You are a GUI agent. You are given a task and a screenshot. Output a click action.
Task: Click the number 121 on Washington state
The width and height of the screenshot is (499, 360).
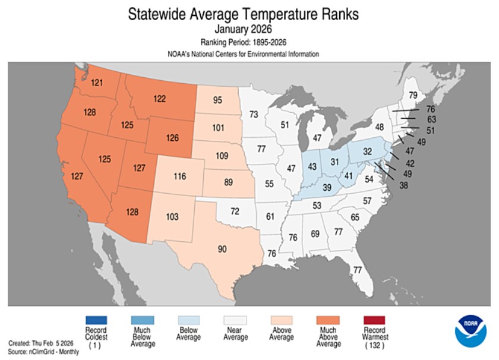click(97, 83)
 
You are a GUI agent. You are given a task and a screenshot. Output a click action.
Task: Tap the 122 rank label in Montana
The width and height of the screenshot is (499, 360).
click(159, 99)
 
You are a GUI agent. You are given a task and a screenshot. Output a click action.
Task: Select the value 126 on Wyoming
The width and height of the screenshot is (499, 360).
click(172, 138)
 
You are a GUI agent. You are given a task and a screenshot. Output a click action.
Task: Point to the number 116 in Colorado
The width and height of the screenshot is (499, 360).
click(180, 176)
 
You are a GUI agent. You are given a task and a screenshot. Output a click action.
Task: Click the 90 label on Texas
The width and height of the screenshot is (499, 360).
click(222, 249)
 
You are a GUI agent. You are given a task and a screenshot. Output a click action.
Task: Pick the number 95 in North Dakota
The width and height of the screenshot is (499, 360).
click(217, 100)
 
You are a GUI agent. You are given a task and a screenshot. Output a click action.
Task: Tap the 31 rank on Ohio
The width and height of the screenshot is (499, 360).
click(334, 162)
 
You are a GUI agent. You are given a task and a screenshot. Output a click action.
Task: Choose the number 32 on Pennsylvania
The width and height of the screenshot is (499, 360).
click(368, 151)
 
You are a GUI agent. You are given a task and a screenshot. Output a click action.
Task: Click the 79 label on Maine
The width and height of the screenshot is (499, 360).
click(413, 95)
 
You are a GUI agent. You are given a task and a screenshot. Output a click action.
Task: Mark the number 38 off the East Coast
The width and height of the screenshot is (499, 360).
click(403, 185)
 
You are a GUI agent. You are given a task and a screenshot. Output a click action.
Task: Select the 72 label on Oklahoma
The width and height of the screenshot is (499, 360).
click(235, 211)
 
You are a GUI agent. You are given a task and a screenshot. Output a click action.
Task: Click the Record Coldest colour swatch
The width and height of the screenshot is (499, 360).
click(96, 320)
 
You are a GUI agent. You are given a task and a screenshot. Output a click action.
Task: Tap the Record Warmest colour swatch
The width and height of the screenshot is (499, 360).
click(374, 320)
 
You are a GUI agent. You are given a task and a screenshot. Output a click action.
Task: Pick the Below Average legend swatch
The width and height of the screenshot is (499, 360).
click(189, 320)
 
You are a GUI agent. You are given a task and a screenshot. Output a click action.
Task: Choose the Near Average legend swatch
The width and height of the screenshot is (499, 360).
click(235, 320)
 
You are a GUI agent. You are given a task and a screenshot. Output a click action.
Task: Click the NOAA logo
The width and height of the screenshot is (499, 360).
click(470, 331)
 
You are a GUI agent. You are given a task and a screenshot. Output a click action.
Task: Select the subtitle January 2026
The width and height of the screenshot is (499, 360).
click(243, 29)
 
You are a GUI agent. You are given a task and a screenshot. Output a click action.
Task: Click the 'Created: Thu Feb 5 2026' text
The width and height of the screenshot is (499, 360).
click(41, 343)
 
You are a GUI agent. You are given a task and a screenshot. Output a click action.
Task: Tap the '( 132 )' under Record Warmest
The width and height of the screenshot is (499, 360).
click(375, 346)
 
